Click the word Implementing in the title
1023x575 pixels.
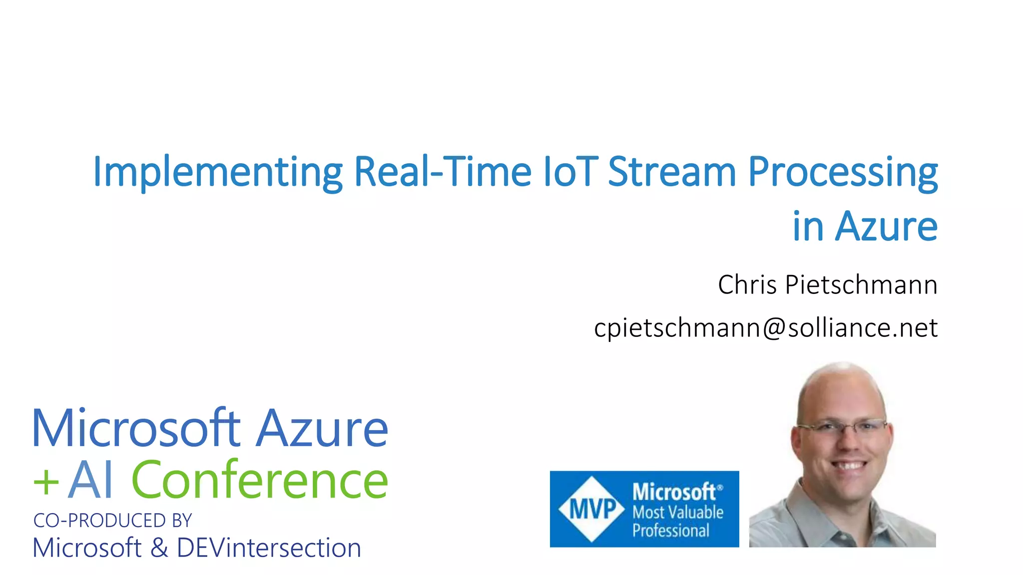click(217, 173)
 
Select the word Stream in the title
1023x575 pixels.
click(672, 172)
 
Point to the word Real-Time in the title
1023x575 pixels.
click(442, 172)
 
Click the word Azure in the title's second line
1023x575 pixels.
click(886, 227)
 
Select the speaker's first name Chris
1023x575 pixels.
click(747, 285)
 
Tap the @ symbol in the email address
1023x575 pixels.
click(773, 328)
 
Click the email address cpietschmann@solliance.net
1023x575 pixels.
click(765, 328)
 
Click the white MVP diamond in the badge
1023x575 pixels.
click(592, 509)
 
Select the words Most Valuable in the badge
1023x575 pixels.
click(677, 512)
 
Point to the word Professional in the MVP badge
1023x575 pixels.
click(670, 531)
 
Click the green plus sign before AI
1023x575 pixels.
click(46, 482)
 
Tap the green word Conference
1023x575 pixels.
click(259, 480)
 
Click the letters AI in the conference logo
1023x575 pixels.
click(91, 480)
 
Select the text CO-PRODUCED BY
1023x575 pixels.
click(112, 521)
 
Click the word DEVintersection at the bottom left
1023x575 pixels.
click(269, 548)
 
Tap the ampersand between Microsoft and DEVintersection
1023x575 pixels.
click(159, 548)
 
